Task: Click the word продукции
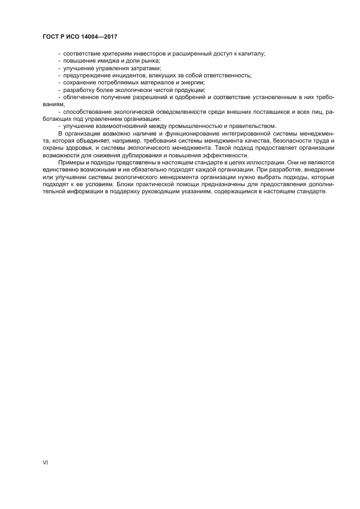(188, 89)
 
